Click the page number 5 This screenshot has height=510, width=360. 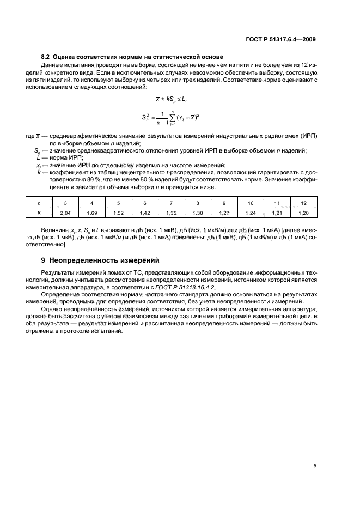[x=315, y=466]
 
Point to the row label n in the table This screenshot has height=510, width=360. [x=39, y=203]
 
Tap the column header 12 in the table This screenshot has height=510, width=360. [x=303, y=203]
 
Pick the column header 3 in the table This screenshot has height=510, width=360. [x=65, y=203]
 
